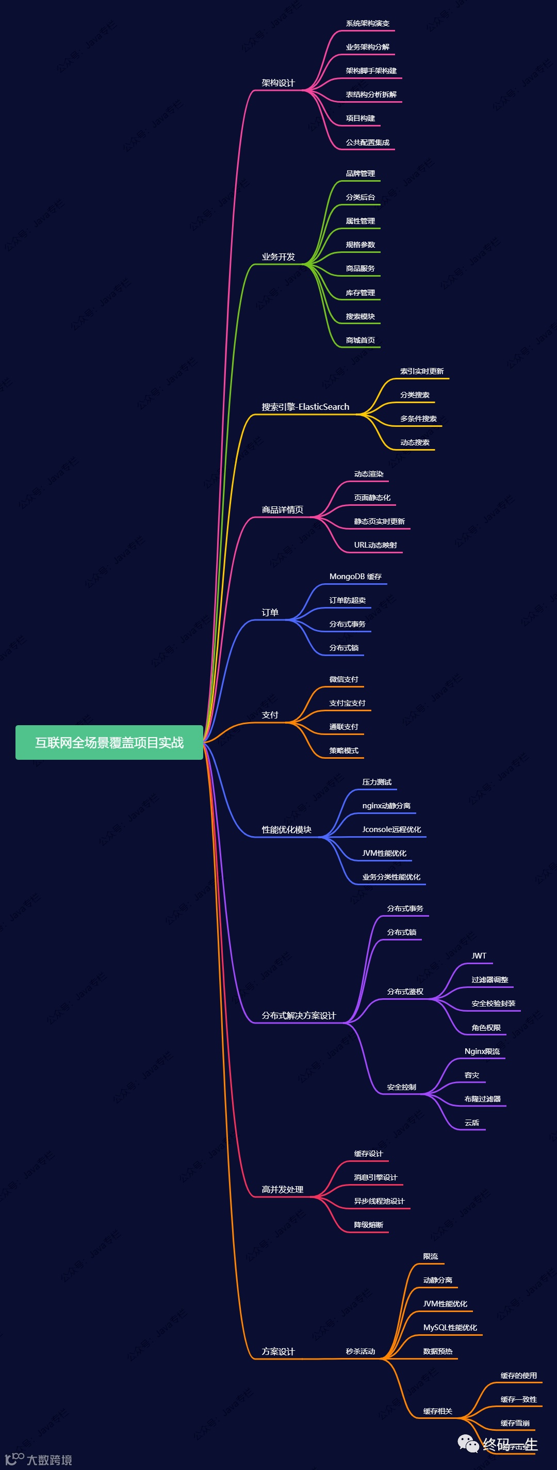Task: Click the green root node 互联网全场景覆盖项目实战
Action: pyautogui.click(x=109, y=742)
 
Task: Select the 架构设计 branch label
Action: pyautogui.click(x=278, y=83)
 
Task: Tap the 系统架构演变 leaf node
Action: pyautogui.click(x=367, y=23)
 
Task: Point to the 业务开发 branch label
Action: pyautogui.click(x=278, y=257)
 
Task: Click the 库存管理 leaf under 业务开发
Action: pyautogui.click(x=361, y=293)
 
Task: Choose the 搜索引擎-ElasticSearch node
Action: pyautogui.click(x=305, y=407)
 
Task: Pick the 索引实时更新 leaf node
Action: pyautogui.click(x=422, y=372)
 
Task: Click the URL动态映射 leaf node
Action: pyautogui.click(x=375, y=545)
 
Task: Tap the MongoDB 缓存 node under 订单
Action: pyautogui.click(x=355, y=577)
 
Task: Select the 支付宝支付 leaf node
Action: pyautogui.click(x=347, y=703)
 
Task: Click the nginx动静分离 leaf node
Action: pyautogui.click(x=386, y=806)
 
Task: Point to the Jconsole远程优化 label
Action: pyautogui.click(x=391, y=830)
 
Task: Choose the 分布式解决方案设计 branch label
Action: pyautogui.click(x=299, y=1016)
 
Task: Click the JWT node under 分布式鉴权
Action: pyautogui.click(x=479, y=956)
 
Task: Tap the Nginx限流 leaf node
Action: pyautogui.click(x=482, y=1051)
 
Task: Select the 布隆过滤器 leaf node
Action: pyautogui.click(x=482, y=1099)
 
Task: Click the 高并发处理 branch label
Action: pyautogui.click(x=282, y=1190)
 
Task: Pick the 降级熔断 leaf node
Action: pyautogui.click(x=368, y=1225)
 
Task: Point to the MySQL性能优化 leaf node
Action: pyautogui.click(x=450, y=1328)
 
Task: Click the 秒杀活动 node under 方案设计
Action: pyautogui.click(x=361, y=1351)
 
